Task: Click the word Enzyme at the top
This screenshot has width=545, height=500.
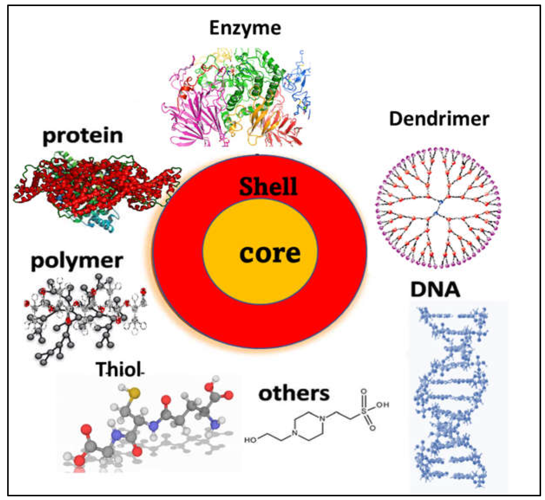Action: tap(245, 28)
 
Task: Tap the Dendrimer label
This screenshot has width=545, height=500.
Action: tap(439, 119)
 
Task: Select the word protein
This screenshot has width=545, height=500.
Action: tap(83, 136)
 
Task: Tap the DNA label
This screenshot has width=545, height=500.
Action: tap(435, 290)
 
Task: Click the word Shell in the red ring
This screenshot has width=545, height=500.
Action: tap(268, 187)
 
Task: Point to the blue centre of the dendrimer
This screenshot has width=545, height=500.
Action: tap(437, 208)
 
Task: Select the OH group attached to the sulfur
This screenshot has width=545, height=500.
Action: tap(382, 405)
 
